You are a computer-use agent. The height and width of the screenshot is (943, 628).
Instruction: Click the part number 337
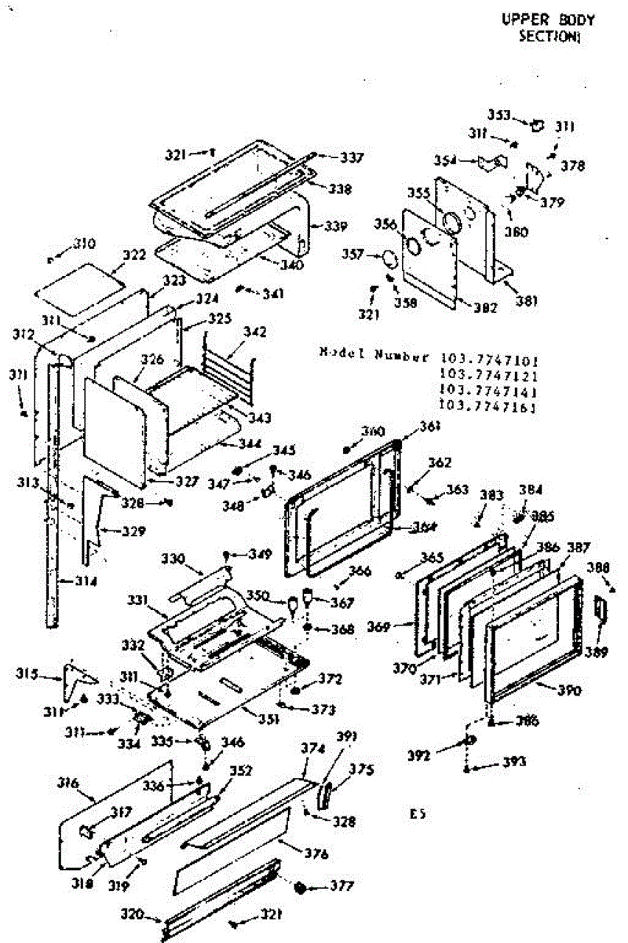pos(352,158)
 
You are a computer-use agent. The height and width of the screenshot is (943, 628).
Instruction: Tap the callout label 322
pos(134,255)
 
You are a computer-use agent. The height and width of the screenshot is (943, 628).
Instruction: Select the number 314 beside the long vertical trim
pos(86,582)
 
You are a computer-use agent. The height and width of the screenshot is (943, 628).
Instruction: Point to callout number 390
pos(568,692)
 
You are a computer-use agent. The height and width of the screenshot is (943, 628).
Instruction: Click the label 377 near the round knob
pos(342,886)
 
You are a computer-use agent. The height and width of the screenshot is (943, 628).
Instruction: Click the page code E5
pos(417,813)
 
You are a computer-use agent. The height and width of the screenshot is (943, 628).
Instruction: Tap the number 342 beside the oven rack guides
pos(256,332)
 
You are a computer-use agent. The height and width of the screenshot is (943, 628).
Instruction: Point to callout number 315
pos(29,675)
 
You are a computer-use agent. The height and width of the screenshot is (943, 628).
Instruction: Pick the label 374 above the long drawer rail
pos(312,750)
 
